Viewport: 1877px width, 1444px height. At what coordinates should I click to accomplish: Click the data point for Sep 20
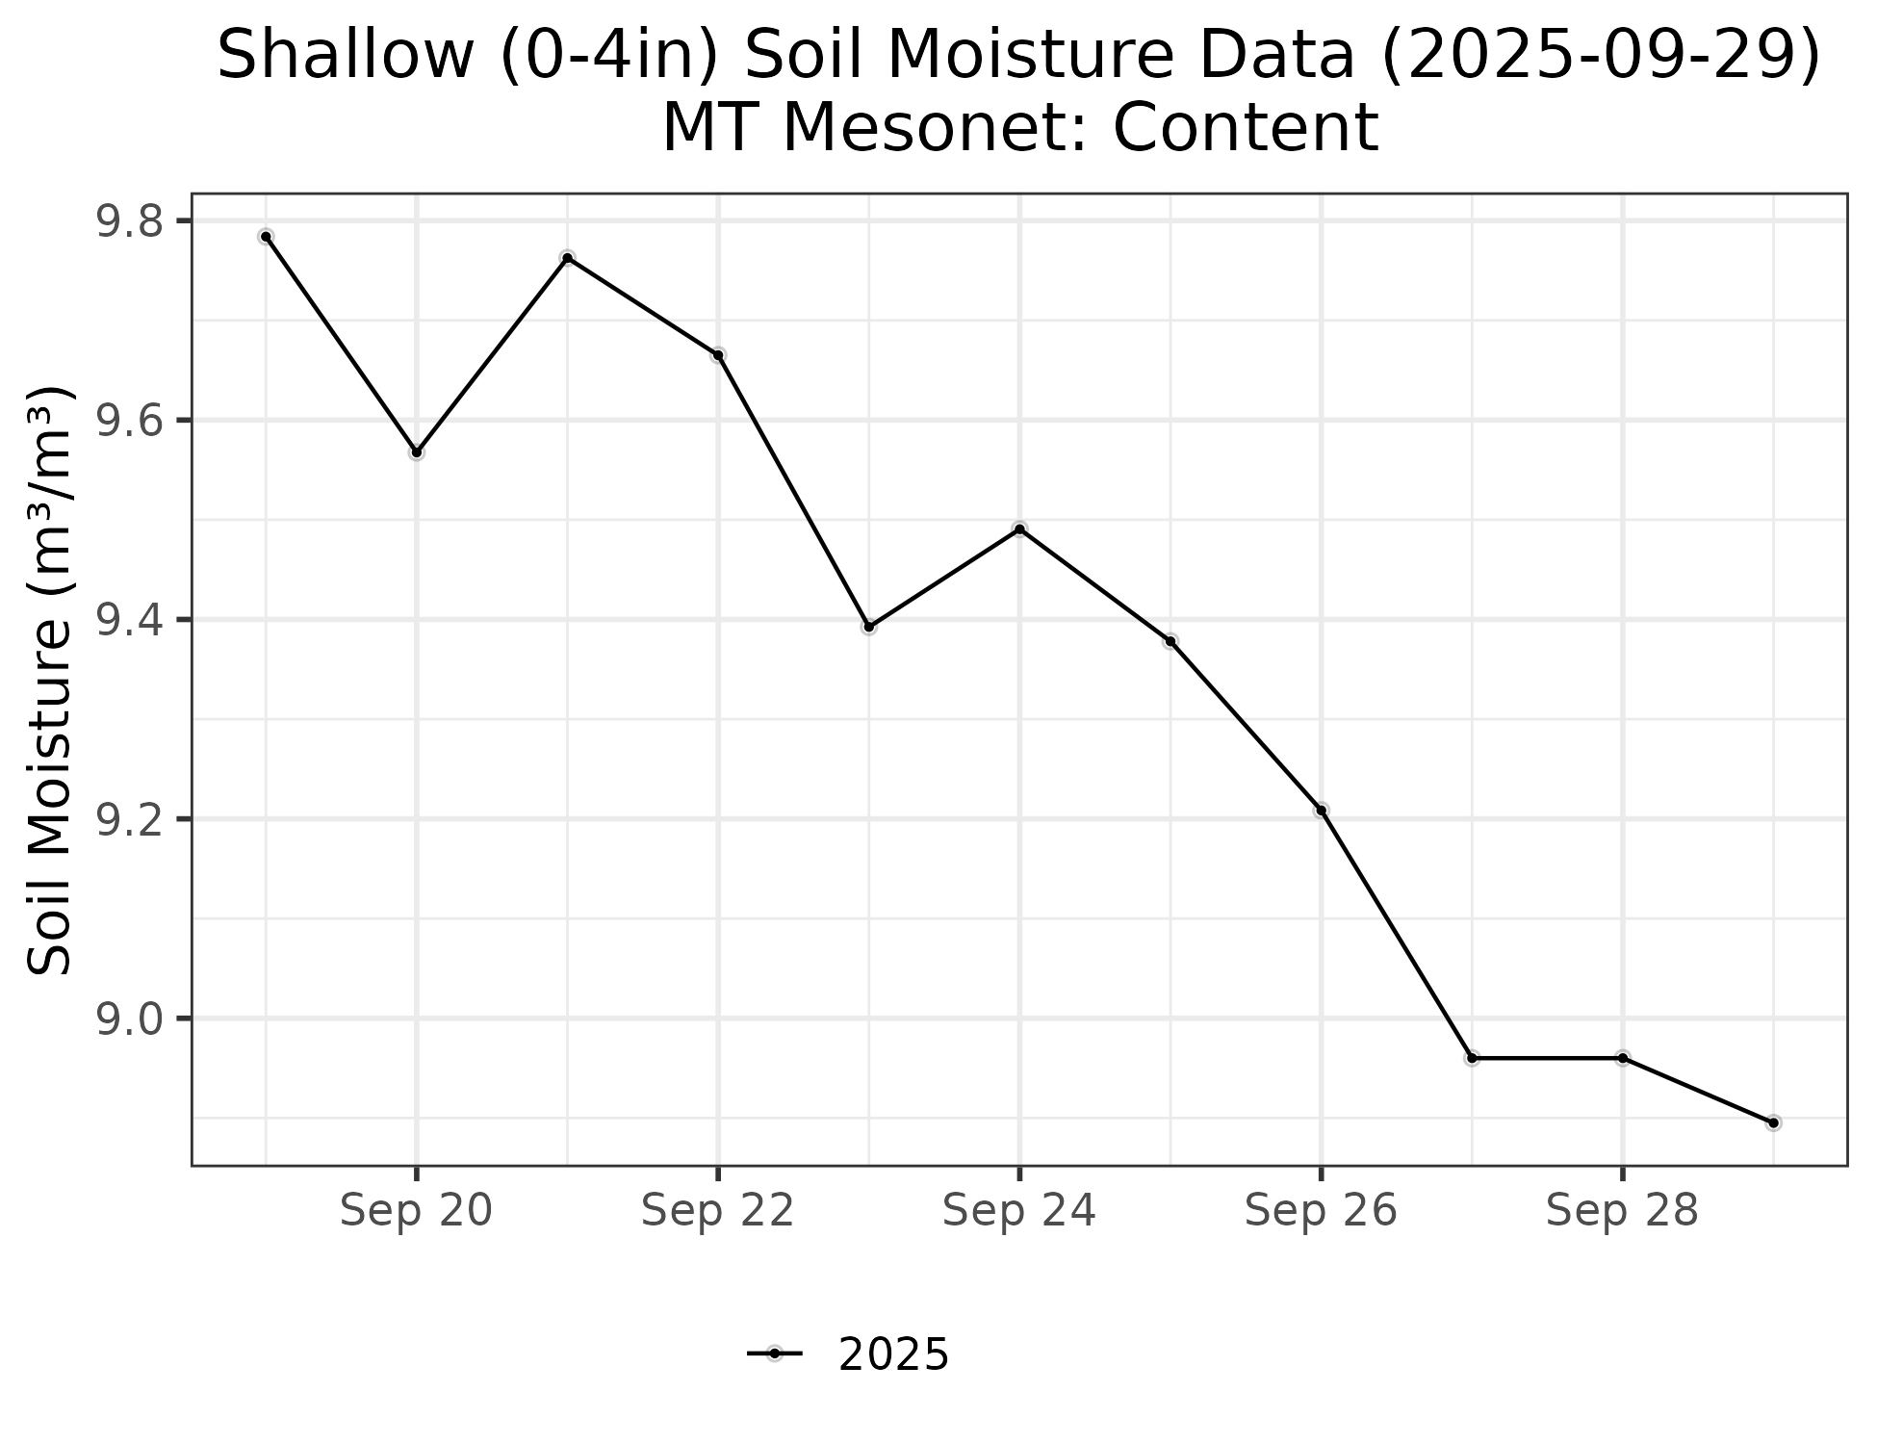(417, 452)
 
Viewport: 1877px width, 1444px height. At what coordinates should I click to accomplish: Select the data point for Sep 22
(718, 355)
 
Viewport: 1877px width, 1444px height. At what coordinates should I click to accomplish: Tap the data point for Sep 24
(1019, 529)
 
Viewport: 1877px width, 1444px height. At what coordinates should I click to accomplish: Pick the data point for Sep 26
(1322, 810)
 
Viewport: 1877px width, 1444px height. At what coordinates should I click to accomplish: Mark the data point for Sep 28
(1623, 1058)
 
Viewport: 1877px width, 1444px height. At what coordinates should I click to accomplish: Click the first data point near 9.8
(266, 237)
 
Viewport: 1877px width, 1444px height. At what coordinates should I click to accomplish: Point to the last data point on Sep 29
(1773, 1122)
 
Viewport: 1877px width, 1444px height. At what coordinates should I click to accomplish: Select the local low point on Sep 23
(869, 627)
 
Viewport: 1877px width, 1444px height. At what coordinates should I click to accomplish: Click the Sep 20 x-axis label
(417, 1211)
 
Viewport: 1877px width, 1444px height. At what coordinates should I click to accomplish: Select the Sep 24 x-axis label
(1019, 1211)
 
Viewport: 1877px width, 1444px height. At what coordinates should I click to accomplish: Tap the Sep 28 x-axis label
(1623, 1211)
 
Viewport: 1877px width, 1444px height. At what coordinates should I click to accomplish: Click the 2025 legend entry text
(893, 1355)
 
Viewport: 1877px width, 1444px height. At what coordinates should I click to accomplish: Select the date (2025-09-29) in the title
(1600, 56)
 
